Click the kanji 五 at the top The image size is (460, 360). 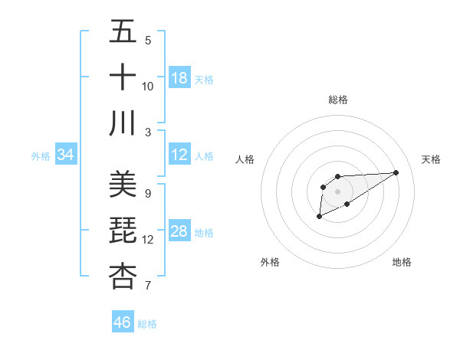pos(123,32)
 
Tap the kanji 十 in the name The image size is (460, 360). pos(123,77)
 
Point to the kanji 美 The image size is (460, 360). pos(123,184)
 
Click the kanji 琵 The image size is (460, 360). pos(123,230)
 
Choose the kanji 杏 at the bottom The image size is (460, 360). pos(123,276)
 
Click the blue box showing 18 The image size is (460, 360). pos(179,78)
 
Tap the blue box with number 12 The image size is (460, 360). pos(179,155)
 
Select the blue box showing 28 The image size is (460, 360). pos(179,231)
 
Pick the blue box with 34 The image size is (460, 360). pos(66,155)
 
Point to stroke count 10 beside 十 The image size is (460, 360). pos(148,86)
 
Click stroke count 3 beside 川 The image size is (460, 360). pos(148,132)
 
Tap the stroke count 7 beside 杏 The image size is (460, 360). pos(148,286)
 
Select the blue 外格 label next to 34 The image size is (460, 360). pos(41,156)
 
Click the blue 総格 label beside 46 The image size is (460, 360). pos(147,324)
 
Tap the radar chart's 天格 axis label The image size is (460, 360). pos(431,159)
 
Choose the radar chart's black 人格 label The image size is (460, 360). pos(245,159)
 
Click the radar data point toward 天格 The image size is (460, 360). pos(396,172)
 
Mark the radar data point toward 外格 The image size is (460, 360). pos(319,218)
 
